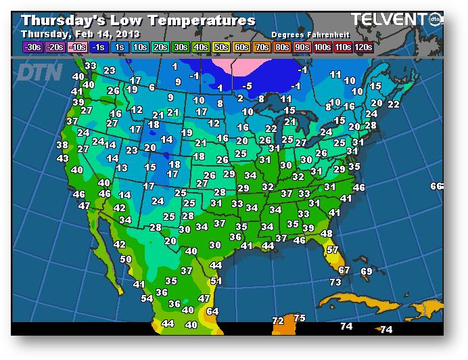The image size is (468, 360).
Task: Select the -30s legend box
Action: (x=32, y=47)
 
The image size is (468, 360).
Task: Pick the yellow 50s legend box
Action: (x=221, y=47)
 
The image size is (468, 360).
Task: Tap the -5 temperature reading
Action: (x=248, y=86)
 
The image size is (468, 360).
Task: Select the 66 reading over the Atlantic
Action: (x=436, y=186)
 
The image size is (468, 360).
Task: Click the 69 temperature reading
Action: (x=366, y=271)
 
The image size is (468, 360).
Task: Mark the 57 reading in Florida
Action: (x=332, y=250)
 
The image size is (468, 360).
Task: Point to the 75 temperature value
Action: (x=300, y=318)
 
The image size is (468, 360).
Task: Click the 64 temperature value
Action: (x=212, y=311)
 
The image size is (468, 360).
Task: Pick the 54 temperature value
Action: (x=147, y=298)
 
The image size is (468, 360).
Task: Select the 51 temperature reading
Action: (x=216, y=281)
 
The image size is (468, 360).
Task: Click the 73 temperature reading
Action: (x=335, y=282)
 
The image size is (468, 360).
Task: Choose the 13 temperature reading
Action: (x=122, y=168)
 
